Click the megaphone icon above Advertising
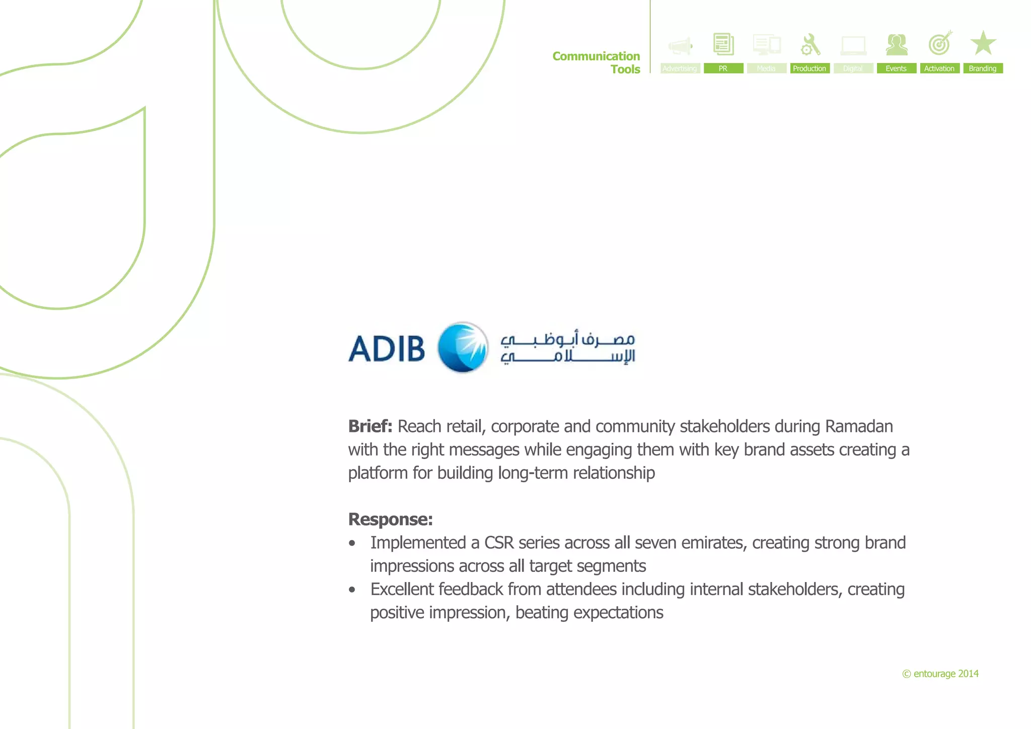pyautogui.click(x=680, y=46)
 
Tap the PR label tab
pyautogui.click(x=723, y=68)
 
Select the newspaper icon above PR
pyautogui.click(x=723, y=44)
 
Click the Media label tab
pyautogui.click(x=766, y=68)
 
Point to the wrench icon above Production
pyautogui.click(x=810, y=44)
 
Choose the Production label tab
pyautogui.click(x=809, y=68)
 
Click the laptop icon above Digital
pyautogui.click(x=853, y=46)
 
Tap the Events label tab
pyautogui.click(x=896, y=68)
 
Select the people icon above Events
pyautogui.click(x=897, y=45)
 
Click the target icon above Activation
pyautogui.click(x=940, y=44)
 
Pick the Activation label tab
pyautogui.click(x=939, y=68)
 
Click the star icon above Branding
pyautogui.click(x=983, y=43)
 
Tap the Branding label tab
pyautogui.click(x=983, y=68)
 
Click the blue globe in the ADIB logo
pyautogui.click(x=463, y=347)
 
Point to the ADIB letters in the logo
pyautogui.click(x=387, y=348)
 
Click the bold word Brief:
pyautogui.click(x=370, y=426)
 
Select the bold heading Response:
pyautogui.click(x=390, y=519)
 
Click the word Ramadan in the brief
pyautogui.click(x=859, y=426)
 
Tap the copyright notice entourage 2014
pyautogui.click(x=940, y=674)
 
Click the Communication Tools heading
pyautogui.click(x=597, y=62)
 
